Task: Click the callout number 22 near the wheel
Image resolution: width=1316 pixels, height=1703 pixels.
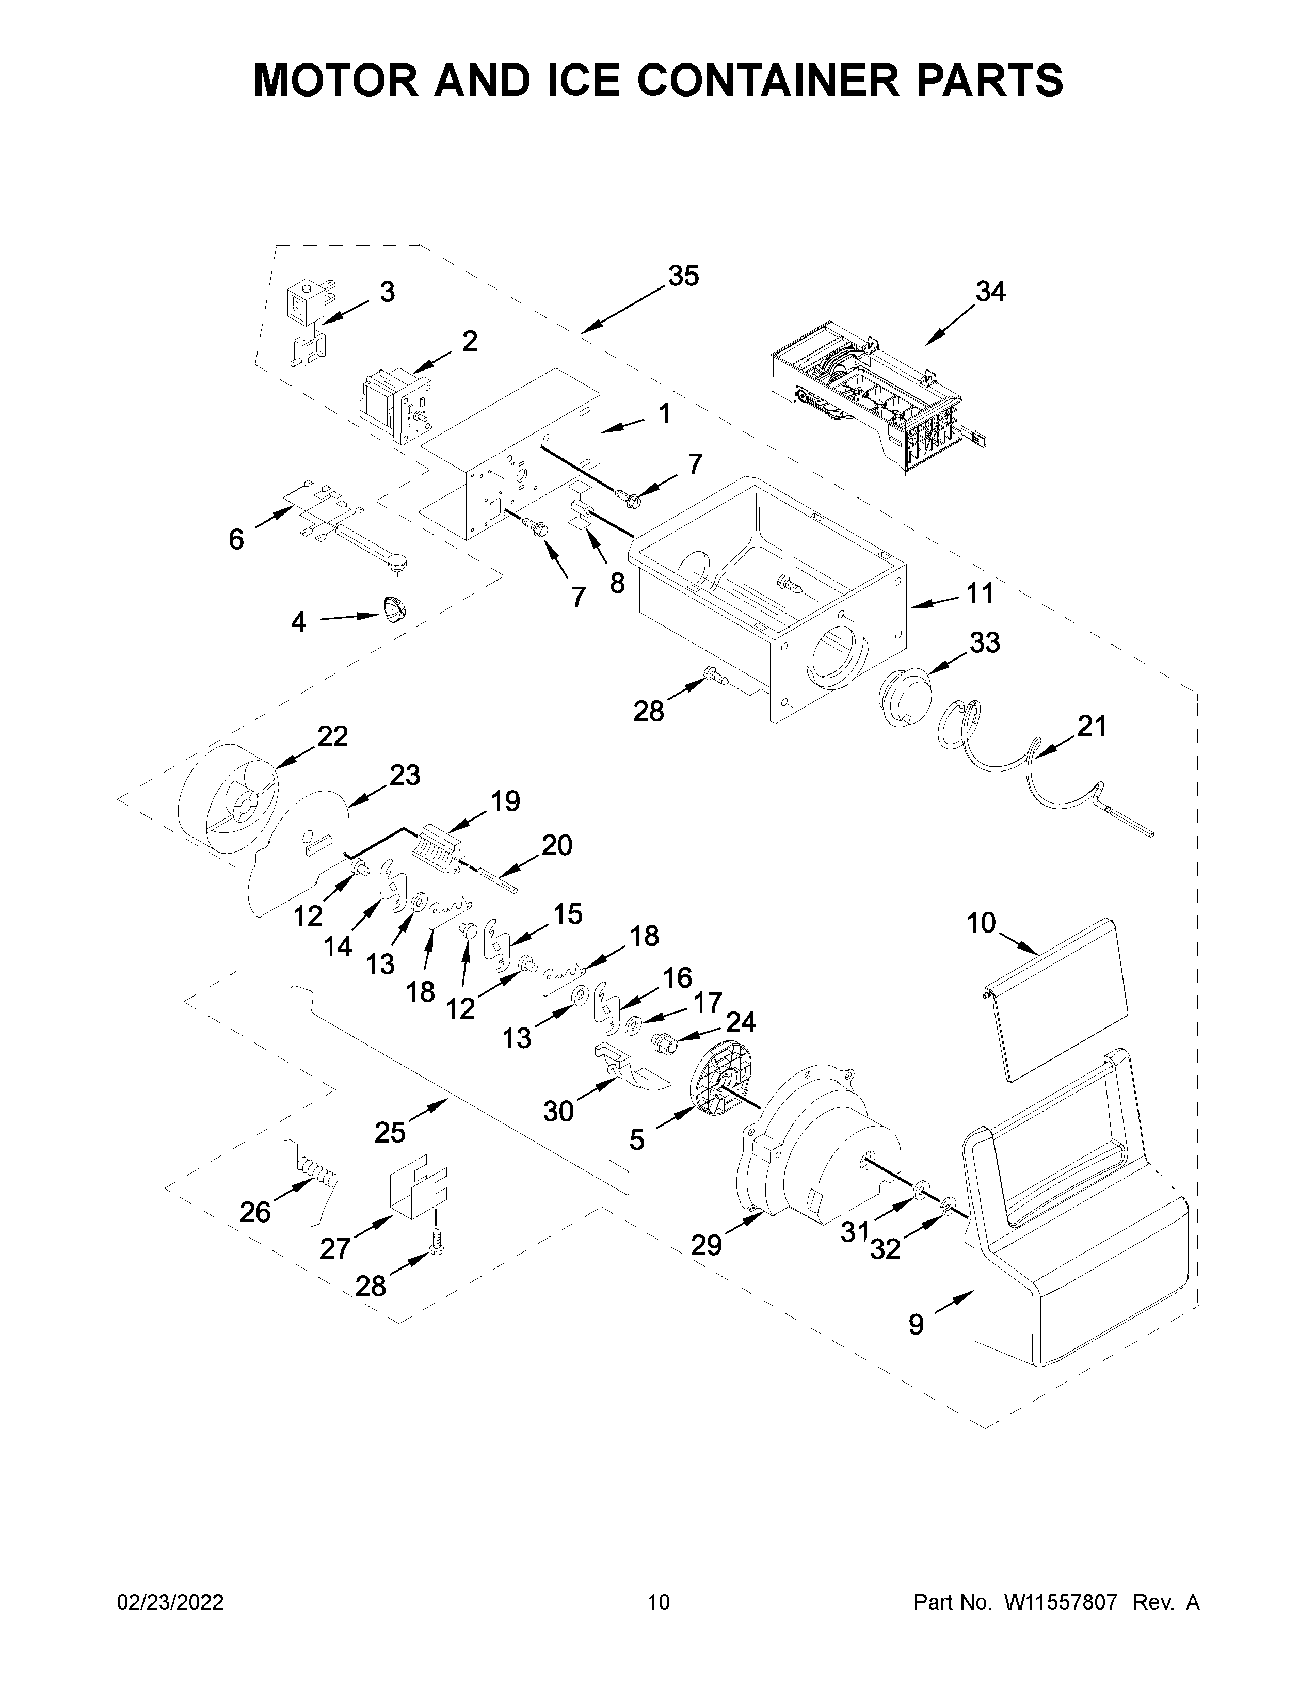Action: pyautogui.click(x=332, y=736)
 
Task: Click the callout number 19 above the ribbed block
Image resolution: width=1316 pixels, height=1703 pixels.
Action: pyautogui.click(x=505, y=801)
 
